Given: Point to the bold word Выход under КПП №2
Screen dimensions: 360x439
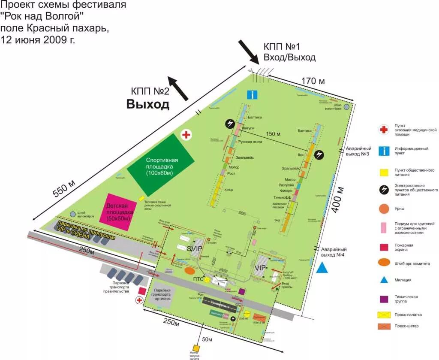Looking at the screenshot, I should coord(147,104).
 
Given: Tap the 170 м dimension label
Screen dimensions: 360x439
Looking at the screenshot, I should coord(313,81).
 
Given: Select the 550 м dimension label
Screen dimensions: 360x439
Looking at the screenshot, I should coord(65,187).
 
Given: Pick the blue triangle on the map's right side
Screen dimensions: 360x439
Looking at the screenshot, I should coord(322,268).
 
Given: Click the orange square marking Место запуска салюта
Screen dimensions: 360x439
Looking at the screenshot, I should coord(196,348).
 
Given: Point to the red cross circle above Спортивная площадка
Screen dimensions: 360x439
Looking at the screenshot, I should coord(186,135).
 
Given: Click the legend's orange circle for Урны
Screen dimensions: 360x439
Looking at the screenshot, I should coord(384,209).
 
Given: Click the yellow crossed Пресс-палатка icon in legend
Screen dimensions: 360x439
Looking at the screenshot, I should coord(384,315).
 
